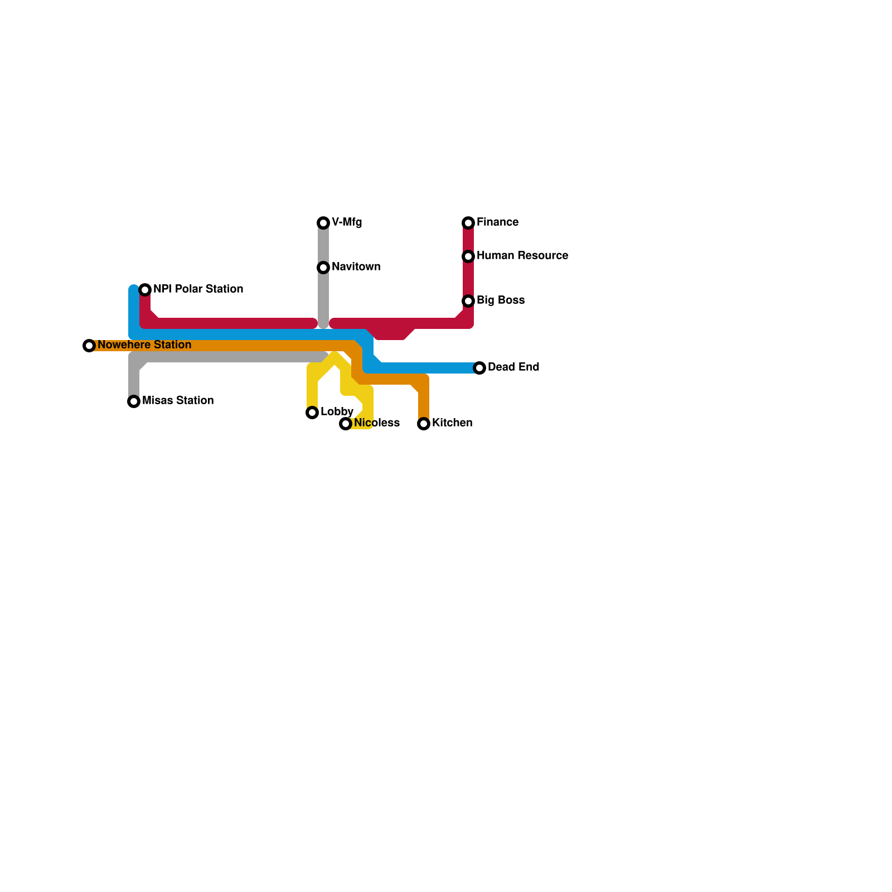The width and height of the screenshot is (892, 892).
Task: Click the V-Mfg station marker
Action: pos(323,223)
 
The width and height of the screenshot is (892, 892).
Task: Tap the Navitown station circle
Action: pos(323,268)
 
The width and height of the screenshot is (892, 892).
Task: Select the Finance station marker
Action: pos(468,223)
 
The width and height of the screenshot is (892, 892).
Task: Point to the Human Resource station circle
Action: pos(468,256)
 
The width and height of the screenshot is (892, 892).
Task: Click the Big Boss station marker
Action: pos(468,301)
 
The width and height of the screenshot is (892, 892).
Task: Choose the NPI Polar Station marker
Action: pos(145,290)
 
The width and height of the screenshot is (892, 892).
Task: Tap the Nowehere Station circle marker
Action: pos(89,346)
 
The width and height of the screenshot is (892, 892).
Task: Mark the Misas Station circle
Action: pos(134,401)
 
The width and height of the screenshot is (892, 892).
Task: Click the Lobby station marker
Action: pos(312,413)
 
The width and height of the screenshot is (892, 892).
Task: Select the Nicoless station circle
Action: pos(346,424)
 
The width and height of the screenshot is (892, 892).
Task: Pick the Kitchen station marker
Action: pos(424,424)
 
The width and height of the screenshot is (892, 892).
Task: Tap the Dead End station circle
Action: pos(479,368)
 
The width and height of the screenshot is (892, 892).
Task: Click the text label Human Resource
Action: pos(522,256)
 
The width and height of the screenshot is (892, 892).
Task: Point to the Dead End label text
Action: pos(513,367)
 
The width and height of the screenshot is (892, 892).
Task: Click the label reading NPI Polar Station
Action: pos(198,289)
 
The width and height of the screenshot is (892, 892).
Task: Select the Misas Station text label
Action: pos(178,401)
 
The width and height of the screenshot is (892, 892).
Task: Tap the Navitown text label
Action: pos(356,267)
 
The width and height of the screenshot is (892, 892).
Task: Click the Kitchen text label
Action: pos(452,423)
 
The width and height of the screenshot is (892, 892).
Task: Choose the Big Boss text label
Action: pos(501,300)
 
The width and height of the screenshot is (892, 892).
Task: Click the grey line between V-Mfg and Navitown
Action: pos(323,245)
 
